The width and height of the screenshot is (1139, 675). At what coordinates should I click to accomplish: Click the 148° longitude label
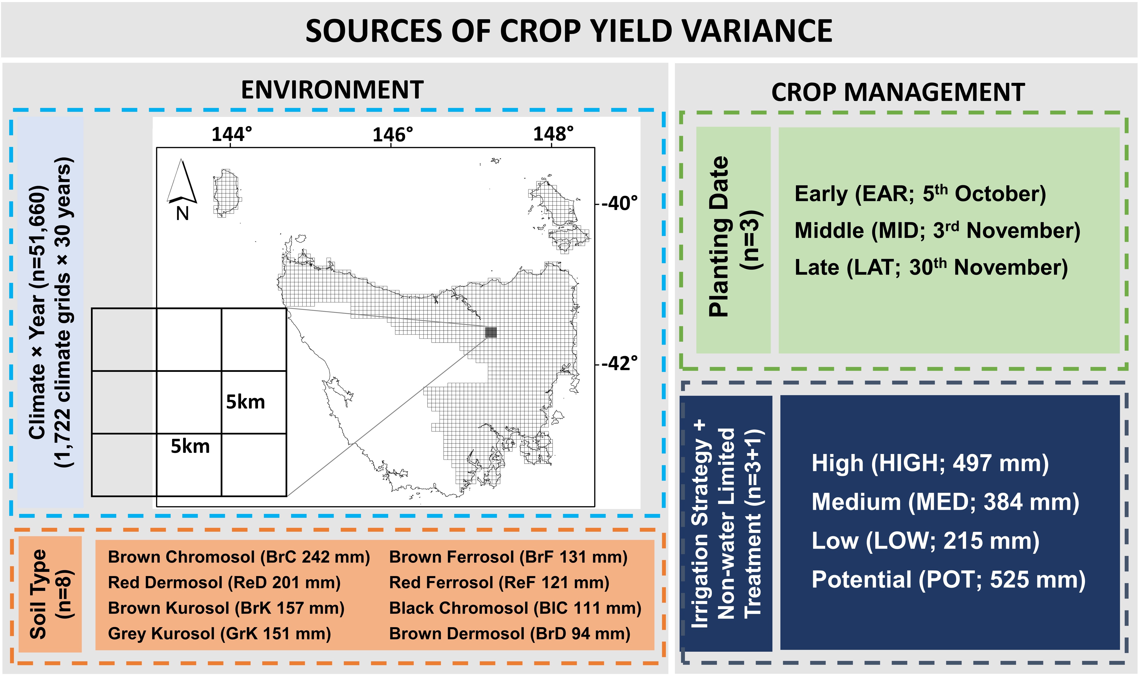(x=553, y=134)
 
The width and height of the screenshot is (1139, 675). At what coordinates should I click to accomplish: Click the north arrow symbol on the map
(x=182, y=182)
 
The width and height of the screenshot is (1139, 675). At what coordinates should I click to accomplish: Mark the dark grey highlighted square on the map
(x=491, y=333)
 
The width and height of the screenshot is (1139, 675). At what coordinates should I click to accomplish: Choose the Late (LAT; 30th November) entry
(x=931, y=267)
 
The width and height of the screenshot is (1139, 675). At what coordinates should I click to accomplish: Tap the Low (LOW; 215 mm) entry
(x=925, y=541)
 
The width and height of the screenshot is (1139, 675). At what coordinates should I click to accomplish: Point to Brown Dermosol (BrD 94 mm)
(x=509, y=634)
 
